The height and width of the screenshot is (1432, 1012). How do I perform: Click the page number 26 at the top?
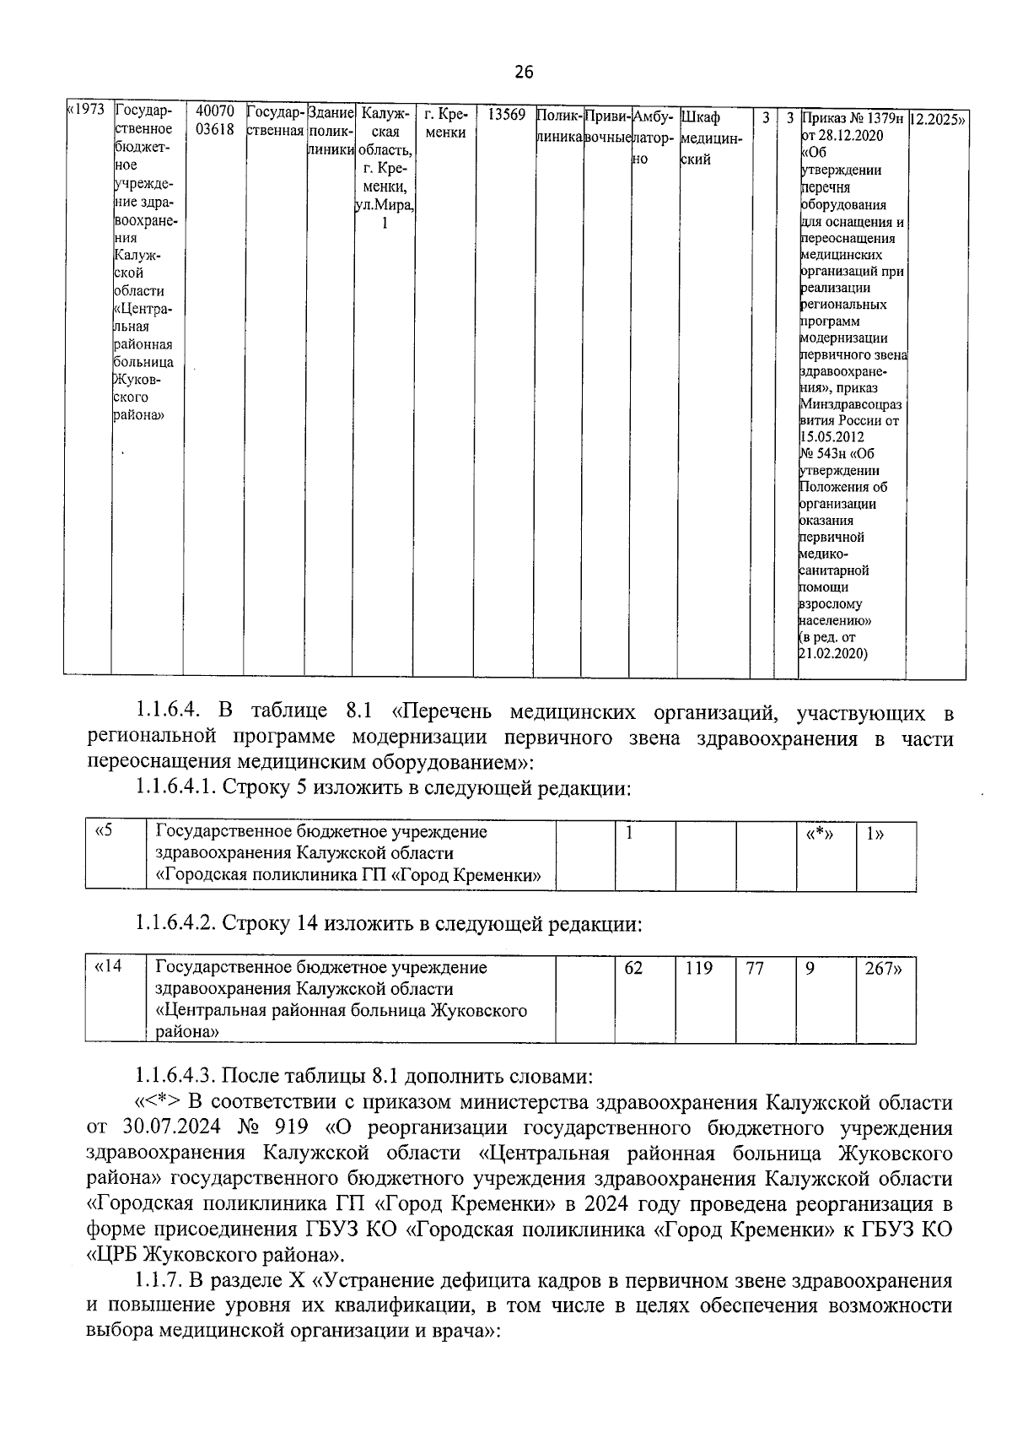(x=523, y=73)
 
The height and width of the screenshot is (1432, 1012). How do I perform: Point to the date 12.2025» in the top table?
(x=938, y=120)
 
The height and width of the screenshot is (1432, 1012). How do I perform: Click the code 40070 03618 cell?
(x=214, y=121)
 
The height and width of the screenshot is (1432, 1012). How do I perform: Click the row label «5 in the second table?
(x=104, y=832)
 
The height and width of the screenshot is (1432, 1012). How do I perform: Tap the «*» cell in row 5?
(x=815, y=834)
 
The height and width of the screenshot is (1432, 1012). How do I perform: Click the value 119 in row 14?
(x=698, y=969)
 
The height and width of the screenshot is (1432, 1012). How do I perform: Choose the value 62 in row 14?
(x=633, y=969)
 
